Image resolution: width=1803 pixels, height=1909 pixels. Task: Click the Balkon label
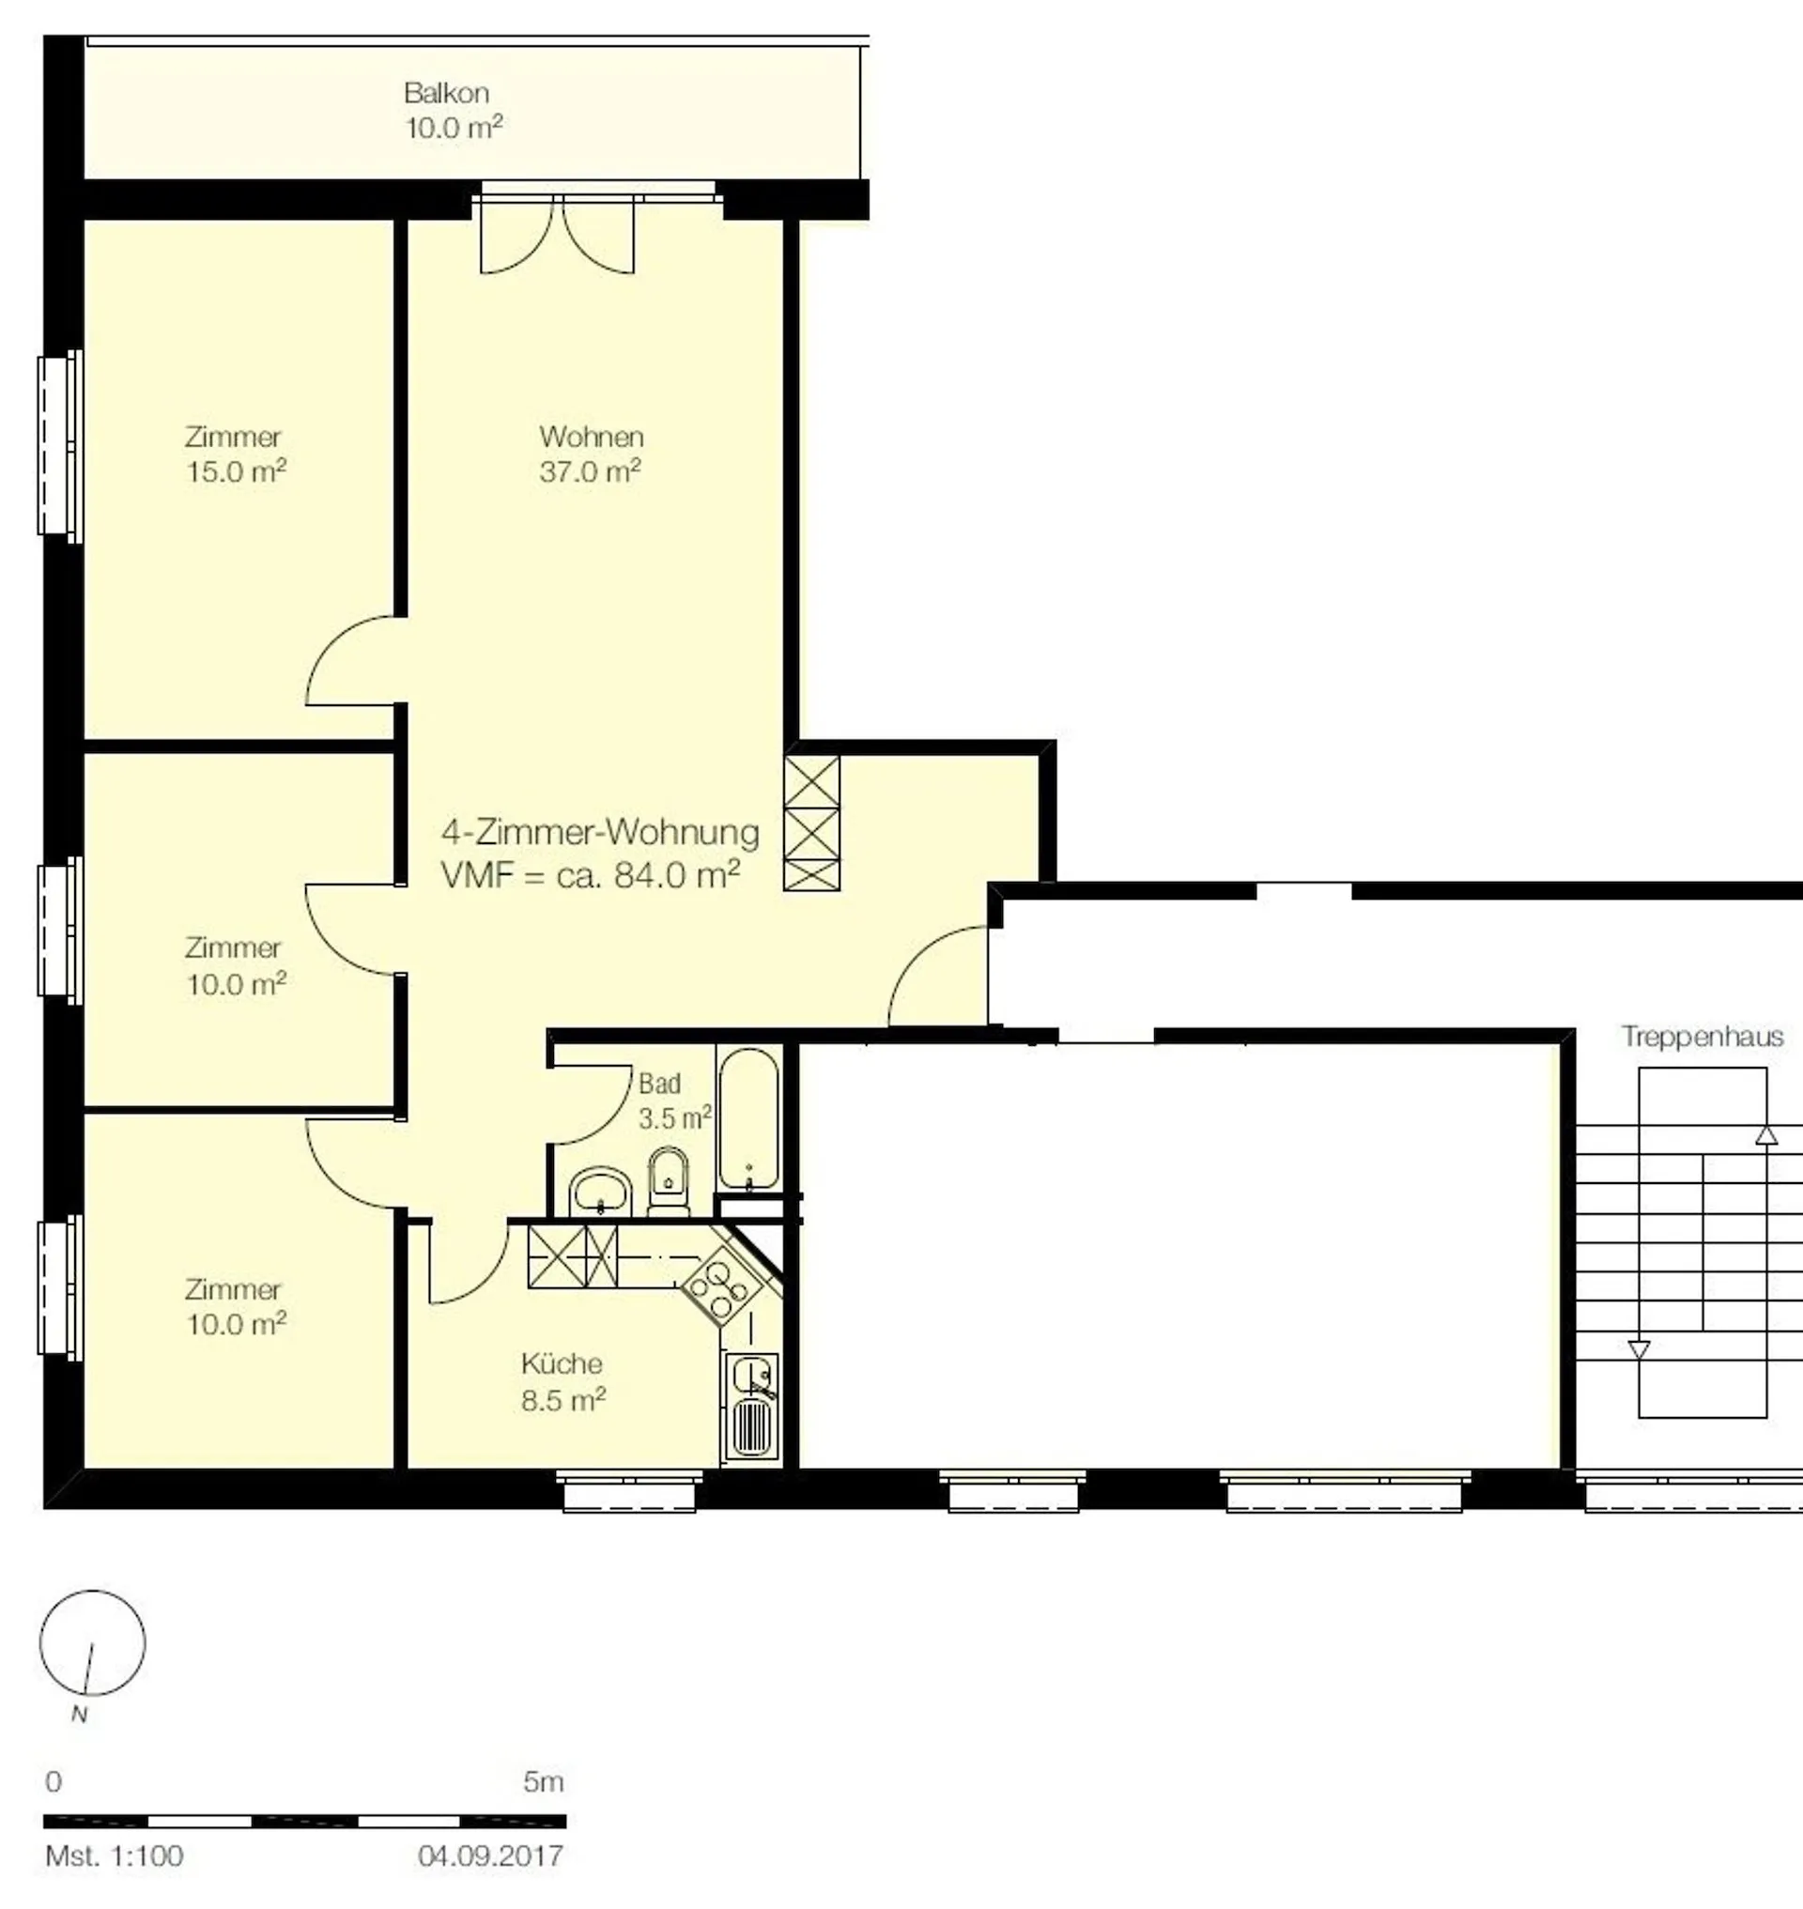click(x=447, y=93)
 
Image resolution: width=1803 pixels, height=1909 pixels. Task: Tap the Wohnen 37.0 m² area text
click(x=590, y=472)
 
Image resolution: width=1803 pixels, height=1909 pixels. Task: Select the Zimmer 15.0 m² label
click(x=236, y=454)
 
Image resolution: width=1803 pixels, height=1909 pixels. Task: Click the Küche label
click(x=562, y=1363)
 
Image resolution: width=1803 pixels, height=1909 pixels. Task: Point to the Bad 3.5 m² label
click(x=674, y=1101)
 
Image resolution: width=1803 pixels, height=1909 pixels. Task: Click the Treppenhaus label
click(x=1703, y=1037)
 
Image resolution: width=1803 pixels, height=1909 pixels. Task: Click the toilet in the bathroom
click(x=669, y=1181)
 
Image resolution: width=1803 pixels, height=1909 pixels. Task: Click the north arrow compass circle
click(x=92, y=1642)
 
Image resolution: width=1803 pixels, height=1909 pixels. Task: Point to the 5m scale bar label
click(x=543, y=1781)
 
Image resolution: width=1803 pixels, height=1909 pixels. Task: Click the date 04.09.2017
click(x=490, y=1855)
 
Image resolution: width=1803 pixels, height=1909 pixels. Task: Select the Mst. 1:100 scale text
click(x=115, y=1855)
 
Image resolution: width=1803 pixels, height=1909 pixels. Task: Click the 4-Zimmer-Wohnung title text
click(x=600, y=831)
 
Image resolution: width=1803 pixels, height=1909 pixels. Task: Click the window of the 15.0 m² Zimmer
click(x=59, y=444)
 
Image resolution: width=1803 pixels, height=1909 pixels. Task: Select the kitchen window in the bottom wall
click(x=628, y=1489)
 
